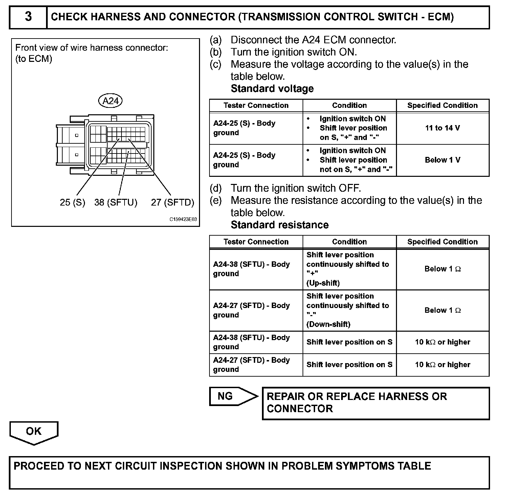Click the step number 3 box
(28, 17)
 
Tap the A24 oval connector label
(111, 100)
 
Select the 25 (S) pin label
(72, 202)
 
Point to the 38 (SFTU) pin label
(116, 202)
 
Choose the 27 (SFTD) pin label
(173, 202)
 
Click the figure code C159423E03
(183, 219)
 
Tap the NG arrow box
(233, 396)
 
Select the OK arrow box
(34, 432)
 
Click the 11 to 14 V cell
(442, 128)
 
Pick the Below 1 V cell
(442, 160)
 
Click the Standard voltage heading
(272, 89)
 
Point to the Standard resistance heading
(280, 225)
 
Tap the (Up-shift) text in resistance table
(323, 283)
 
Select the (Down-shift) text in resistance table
(328, 324)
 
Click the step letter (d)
(216, 188)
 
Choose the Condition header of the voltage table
(349, 105)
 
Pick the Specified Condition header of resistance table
(442, 242)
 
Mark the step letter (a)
(216, 40)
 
